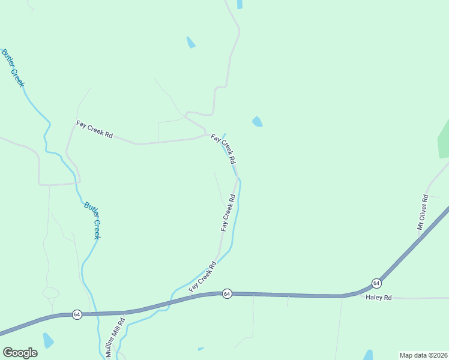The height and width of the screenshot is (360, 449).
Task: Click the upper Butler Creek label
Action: pos(13,68)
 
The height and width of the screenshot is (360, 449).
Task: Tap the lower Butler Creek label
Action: pos(93,220)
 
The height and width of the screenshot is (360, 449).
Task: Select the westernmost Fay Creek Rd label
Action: pos(94,130)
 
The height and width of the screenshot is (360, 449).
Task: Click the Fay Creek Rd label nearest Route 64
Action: pos(202,277)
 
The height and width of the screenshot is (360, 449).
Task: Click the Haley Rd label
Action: pos(378,298)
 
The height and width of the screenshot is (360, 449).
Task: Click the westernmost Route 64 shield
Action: pos(77,314)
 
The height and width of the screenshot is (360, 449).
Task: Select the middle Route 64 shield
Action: pos(227,293)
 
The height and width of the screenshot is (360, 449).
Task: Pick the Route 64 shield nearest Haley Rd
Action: pos(376,283)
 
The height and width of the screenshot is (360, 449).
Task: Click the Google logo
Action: pos(20,353)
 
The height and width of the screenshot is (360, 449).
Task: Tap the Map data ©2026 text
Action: pos(423,355)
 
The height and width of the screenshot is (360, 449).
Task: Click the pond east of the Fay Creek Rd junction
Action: pos(258,121)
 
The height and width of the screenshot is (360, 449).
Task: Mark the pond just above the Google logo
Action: pos(47,341)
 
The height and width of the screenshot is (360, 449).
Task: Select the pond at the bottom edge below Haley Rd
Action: pos(368,355)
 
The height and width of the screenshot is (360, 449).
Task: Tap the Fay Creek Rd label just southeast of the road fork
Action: pos(223,149)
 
